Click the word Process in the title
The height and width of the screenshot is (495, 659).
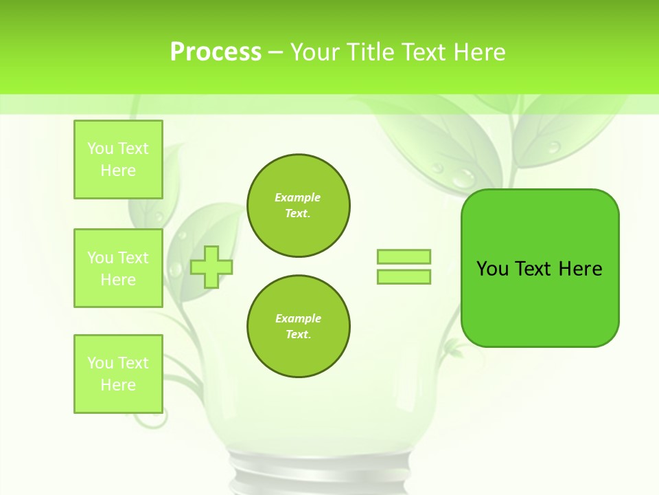pyautogui.click(x=216, y=52)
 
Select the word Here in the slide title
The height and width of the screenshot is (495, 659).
pyautogui.click(x=478, y=52)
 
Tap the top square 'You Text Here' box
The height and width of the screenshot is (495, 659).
pyautogui.click(x=118, y=159)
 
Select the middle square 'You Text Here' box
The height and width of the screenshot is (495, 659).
pyautogui.click(x=118, y=268)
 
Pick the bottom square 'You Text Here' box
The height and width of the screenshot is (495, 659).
pyautogui.click(x=118, y=374)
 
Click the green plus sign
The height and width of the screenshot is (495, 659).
pyautogui.click(x=211, y=267)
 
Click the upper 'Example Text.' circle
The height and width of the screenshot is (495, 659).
pyautogui.click(x=298, y=206)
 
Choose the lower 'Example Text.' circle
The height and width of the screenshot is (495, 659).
pyautogui.click(x=298, y=327)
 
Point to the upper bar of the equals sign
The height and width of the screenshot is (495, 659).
pyautogui.click(x=404, y=256)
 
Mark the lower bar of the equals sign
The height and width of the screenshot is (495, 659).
pyautogui.click(x=404, y=277)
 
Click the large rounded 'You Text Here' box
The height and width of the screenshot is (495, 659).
pyautogui.click(x=540, y=268)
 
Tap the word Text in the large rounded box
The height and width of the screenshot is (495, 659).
pyautogui.click(x=533, y=269)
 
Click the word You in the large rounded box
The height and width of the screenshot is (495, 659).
pyautogui.click(x=492, y=269)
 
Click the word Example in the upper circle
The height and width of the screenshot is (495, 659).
pyautogui.click(x=298, y=197)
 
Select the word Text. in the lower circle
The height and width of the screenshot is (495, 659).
pyautogui.click(x=298, y=335)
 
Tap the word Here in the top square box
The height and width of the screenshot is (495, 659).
pyautogui.click(x=118, y=170)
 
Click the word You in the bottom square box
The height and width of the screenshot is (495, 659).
pyautogui.click(x=100, y=363)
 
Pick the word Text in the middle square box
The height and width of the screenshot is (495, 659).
pyautogui.click(x=133, y=258)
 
